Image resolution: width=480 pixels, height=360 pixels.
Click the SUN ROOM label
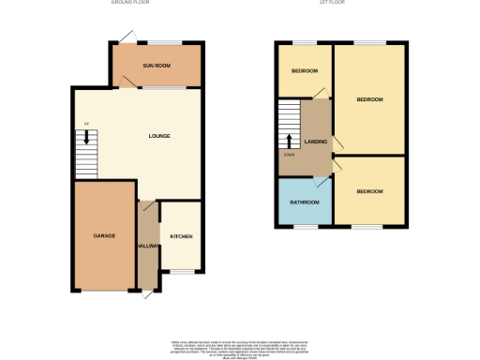156,66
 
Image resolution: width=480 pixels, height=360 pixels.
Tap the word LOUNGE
159,136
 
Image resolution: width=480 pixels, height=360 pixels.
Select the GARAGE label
103,235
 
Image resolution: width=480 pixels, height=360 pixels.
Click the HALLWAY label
146,245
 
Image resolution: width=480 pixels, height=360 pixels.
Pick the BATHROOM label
303,202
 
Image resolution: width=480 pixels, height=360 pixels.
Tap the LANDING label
314,141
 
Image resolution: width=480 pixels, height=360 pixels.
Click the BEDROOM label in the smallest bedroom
304,72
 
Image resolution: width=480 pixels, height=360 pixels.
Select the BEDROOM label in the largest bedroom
369,99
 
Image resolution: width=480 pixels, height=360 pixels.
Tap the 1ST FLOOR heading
342,4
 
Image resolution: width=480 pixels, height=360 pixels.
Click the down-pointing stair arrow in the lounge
86,138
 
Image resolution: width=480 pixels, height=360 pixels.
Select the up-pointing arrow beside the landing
290,142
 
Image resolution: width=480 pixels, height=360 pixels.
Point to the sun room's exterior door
126,37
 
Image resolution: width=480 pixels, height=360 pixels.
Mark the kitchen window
181,271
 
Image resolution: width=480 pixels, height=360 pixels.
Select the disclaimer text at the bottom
240,346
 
